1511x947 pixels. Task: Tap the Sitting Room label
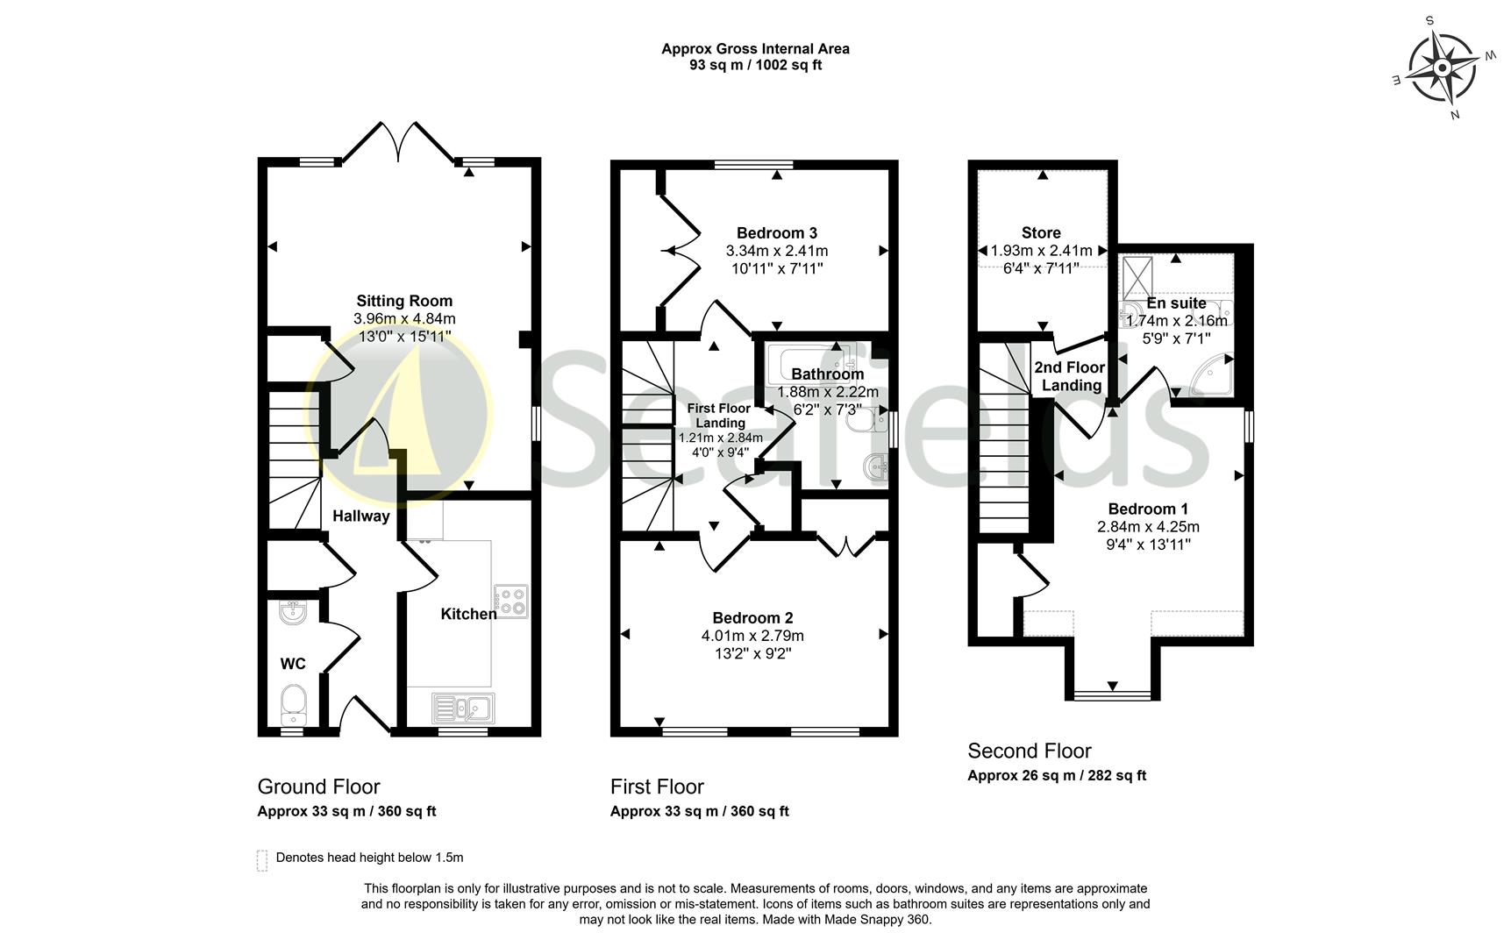404,301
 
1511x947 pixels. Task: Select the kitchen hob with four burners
510,601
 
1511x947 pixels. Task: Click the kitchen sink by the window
463,708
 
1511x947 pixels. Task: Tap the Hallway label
360,516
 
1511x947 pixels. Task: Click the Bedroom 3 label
776,232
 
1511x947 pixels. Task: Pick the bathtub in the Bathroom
811,360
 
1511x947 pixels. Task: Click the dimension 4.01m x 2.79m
752,636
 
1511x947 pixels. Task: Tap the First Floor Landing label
719,416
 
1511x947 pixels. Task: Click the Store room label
1041,232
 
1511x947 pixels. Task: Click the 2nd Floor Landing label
1070,376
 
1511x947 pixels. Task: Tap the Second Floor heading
1029,751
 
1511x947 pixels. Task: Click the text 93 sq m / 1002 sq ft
755,65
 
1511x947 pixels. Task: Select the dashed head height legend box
261,859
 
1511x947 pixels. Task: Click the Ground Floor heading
318,787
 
